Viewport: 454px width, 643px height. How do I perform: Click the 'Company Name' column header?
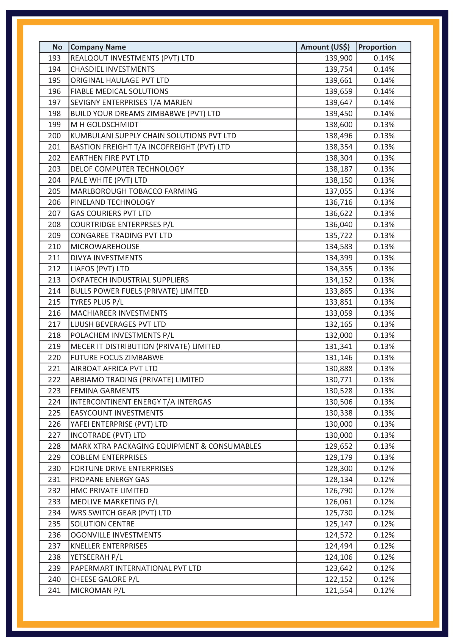[x=98, y=47]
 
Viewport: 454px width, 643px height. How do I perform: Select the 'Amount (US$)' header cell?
[x=325, y=47]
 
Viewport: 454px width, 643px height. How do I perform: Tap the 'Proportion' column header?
[x=377, y=47]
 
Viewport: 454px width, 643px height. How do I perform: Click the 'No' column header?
[x=57, y=47]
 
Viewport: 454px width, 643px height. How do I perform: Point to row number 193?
[x=54, y=58]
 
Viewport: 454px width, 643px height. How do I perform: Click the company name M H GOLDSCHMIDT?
[x=104, y=125]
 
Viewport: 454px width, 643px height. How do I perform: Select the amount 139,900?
[x=338, y=58]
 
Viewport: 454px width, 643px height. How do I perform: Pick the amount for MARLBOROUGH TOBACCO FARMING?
[x=338, y=191]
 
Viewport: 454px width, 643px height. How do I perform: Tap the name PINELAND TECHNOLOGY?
[x=112, y=202]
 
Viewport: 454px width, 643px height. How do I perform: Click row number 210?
[x=54, y=247]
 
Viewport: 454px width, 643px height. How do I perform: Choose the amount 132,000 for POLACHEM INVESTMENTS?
[x=338, y=335]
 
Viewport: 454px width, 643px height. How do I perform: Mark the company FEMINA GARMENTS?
[x=105, y=391]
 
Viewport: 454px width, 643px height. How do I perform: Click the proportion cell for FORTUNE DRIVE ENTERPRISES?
[x=384, y=468]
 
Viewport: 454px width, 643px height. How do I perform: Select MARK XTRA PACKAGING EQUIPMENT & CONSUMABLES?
[x=166, y=446]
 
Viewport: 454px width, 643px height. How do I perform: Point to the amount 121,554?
[x=338, y=590]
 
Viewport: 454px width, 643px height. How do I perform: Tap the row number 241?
[x=54, y=590]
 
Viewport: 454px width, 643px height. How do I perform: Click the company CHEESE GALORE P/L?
[x=105, y=579]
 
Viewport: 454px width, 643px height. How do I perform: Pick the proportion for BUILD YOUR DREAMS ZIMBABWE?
[x=384, y=114]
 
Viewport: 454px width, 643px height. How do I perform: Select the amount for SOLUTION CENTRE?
[x=338, y=524]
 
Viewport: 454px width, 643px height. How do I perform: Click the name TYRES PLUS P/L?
[x=97, y=302]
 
